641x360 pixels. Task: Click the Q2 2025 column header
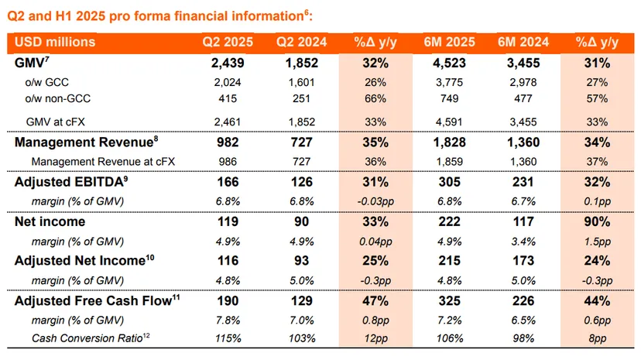click(x=228, y=42)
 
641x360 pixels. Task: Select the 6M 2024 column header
click(x=523, y=42)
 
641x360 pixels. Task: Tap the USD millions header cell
click(x=55, y=42)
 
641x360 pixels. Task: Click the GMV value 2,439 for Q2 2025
click(x=228, y=63)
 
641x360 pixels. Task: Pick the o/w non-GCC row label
click(x=57, y=98)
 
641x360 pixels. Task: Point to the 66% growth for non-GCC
click(x=375, y=98)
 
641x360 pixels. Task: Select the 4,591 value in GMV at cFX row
click(x=449, y=122)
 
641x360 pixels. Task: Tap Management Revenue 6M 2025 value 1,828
click(x=449, y=142)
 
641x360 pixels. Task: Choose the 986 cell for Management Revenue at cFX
click(x=228, y=161)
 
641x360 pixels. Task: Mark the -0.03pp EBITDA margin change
click(x=375, y=201)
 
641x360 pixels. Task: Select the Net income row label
click(x=50, y=221)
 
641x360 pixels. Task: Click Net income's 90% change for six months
click(x=597, y=221)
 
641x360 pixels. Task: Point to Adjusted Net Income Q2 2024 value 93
click(x=302, y=261)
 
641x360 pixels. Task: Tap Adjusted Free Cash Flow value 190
click(x=228, y=300)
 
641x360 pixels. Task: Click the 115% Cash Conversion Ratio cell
click(x=228, y=338)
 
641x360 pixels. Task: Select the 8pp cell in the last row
click(x=597, y=338)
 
